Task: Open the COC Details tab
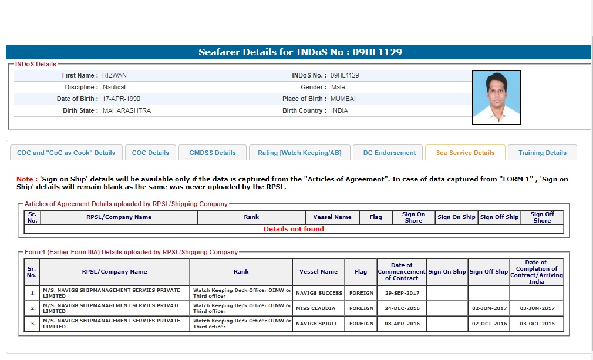point(150,153)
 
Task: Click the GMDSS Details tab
point(213,153)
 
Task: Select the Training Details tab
point(542,153)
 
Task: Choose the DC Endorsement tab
point(389,153)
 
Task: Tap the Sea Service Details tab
point(465,153)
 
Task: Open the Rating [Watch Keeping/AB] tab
point(299,153)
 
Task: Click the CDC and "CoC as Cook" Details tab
point(66,153)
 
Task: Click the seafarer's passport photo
point(496,97)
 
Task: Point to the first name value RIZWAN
point(114,75)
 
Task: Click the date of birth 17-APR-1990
point(122,99)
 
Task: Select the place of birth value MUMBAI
point(343,99)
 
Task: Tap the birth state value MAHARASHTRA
point(127,110)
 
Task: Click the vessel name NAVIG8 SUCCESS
point(319,293)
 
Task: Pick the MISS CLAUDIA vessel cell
point(316,308)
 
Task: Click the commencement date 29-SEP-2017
point(402,293)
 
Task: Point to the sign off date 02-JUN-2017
point(489,308)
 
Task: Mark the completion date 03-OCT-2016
point(537,324)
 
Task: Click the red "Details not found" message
point(294,229)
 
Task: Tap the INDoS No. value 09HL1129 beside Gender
point(345,75)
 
